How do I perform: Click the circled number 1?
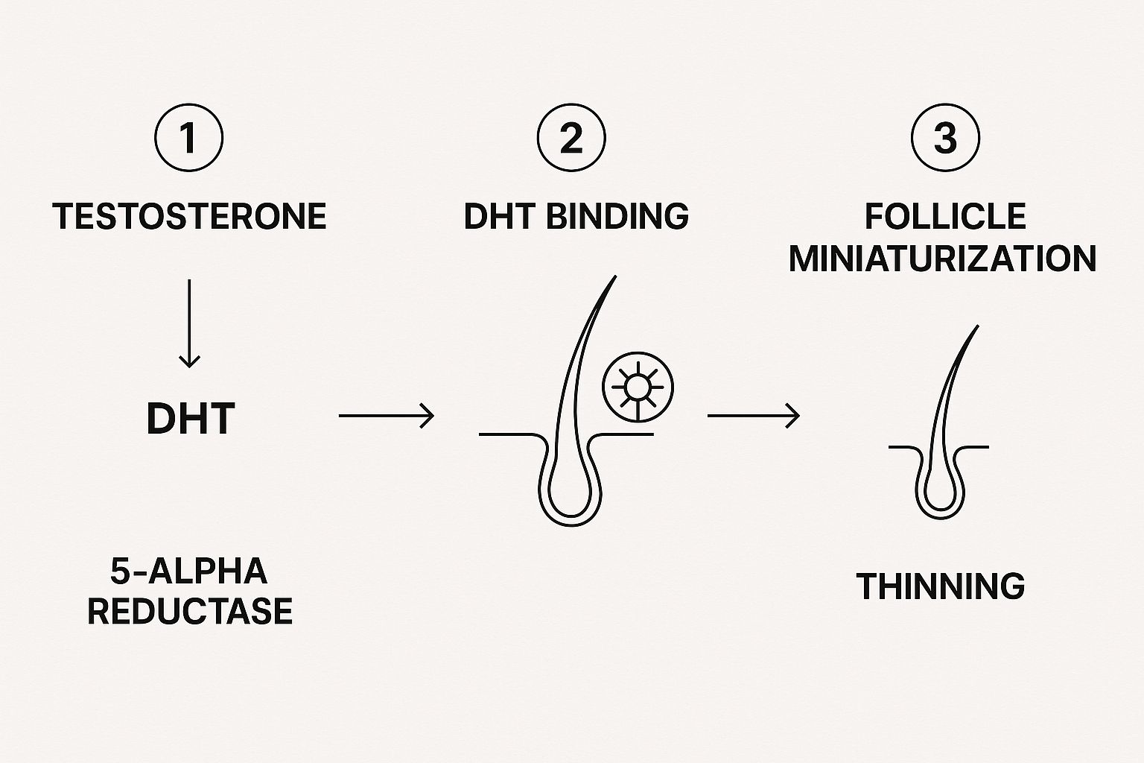point(189,137)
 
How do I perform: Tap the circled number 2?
point(571,137)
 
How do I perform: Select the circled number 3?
point(945,137)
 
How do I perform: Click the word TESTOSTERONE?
point(189,216)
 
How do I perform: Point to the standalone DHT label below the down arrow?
point(191,419)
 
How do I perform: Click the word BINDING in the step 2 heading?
point(617,216)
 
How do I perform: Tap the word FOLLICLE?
point(945,216)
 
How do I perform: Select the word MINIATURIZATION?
point(943,259)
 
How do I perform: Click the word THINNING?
point(941,586)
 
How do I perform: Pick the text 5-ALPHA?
point(189,571)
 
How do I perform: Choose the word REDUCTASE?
point(190,611)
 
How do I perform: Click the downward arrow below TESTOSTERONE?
point(189,323)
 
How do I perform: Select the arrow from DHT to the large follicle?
point(387,416)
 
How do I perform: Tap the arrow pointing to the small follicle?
point(753,416)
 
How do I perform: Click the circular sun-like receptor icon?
point(638,387)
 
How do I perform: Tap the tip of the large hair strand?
point(615,276)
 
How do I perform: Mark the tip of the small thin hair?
point(977,326)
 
